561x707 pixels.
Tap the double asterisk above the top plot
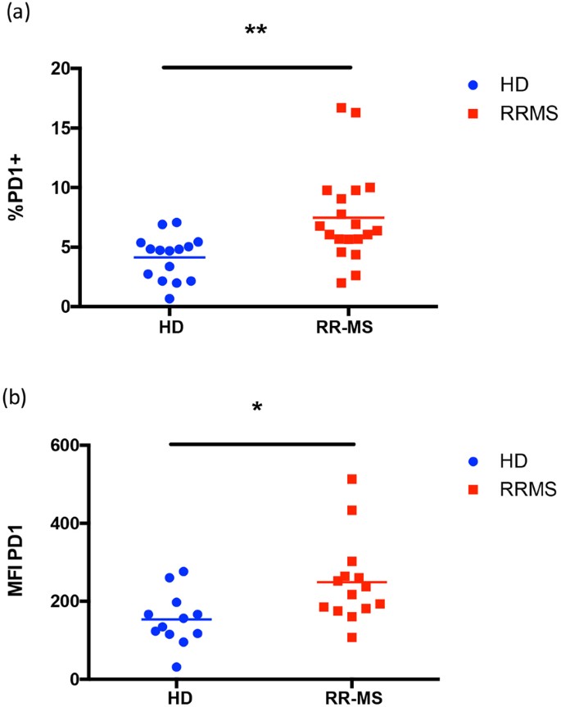point(256,32)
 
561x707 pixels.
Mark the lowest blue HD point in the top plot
point(169,298)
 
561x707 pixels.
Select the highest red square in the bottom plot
point(352,478)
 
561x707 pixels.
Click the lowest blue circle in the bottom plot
point(176,667)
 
